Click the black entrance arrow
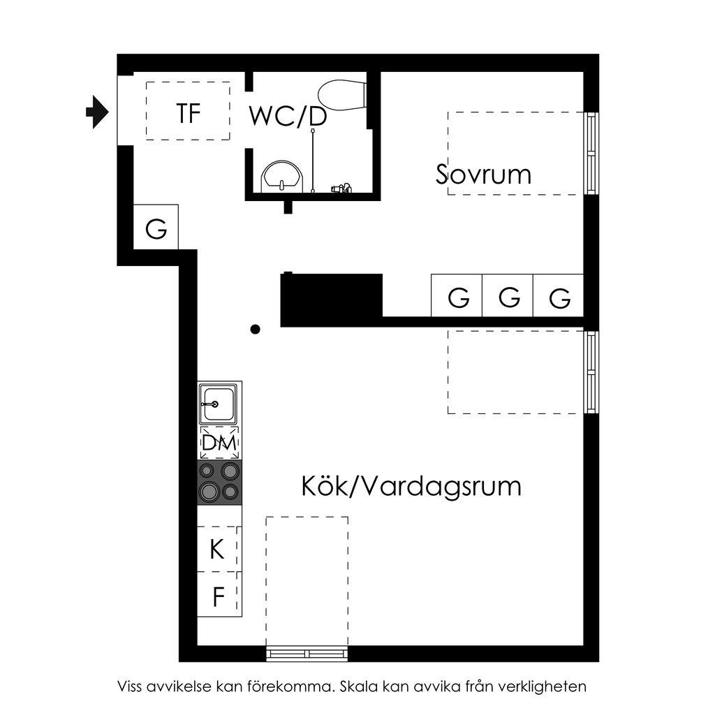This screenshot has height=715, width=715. point(97,112)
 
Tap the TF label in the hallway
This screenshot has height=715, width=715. point(189,114)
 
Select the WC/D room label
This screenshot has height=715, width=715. point(288,117)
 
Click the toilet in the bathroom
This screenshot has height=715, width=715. point(342,95)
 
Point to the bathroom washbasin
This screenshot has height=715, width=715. point(282,177)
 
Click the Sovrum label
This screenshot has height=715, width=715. point(483,174)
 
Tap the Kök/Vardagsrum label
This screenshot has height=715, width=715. point(411,486)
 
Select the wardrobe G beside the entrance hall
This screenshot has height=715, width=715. point(156,227)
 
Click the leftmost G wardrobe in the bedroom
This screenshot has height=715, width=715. point(457,295)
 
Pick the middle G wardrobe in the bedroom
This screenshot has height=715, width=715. point(508,295)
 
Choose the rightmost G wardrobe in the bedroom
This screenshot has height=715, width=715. point(558,295)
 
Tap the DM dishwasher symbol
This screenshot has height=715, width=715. point(219,443)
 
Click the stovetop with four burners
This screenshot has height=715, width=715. point(219,482)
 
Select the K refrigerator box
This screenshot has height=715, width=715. point(219,549)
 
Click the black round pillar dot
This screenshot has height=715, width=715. point(256,330)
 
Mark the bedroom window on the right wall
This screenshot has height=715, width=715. point(591,153)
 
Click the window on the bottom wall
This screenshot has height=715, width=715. point(307,654)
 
